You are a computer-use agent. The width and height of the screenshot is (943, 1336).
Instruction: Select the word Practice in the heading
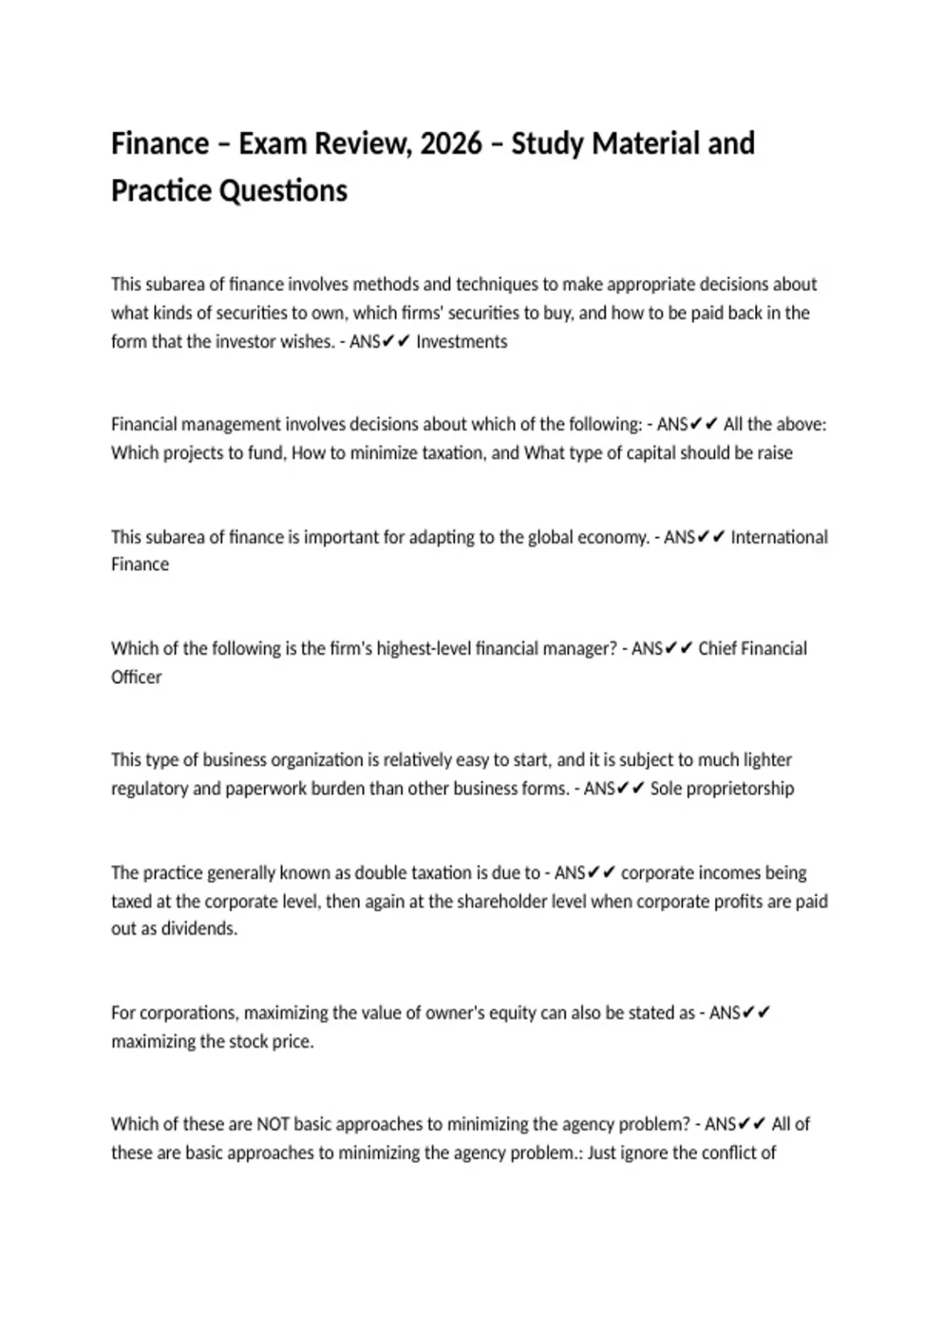pyautogui.click(x=161, y=191)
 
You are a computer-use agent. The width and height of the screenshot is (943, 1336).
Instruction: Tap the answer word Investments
pyautogui.click(x=461, y=342)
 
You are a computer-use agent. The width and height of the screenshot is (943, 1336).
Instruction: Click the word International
pyautogui.click(x=779, y=538)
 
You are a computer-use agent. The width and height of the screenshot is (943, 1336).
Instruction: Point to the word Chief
pyautogui.click(x=717, y=649)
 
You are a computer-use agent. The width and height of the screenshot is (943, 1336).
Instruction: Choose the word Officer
pyautogui.click(x=136, y=677)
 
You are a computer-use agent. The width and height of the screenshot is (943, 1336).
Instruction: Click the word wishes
pyautogui.click(x=308, y=342)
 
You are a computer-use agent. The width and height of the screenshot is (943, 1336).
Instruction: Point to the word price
pyautogui.click(x=292, y=1042)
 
